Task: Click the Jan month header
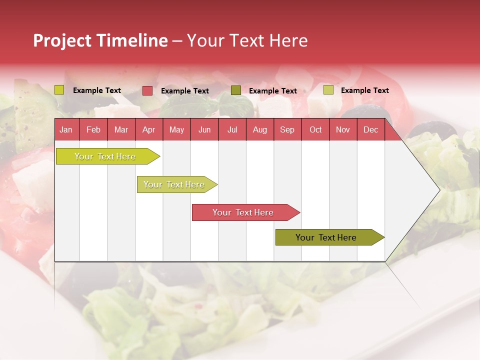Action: pyautogui.click(x=66, y=130)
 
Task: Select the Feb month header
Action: pyautogui.click(x=93, y=130)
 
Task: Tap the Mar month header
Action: pyautogui.click(x=121, y=130)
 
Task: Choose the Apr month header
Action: pyautogui.click(x=149, y=130)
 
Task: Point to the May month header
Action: pyautogui.click(x=176, y=130)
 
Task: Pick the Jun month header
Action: pyautogui.click(x=204, y=130)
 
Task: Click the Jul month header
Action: pyautogui.click(x=232, y=130)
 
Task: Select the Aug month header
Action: pyautogui.click(x=260, y=130)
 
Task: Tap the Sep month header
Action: pyautogui.click(x=287, y=130)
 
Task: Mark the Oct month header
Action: pyautogui.click(x=315, y=130)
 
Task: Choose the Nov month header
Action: pyautogui.click(x=343, y=130)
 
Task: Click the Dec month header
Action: pyautogui.click(x=371, y=130)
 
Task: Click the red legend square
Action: pyautogui.click(x=147, y=90)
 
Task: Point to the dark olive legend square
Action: pyautogui.click(x=236, y=90)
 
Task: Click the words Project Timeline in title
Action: pyautogui.click(x=100, y=40)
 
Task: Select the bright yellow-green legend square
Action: pyautogui.click(x=59, y=90)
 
